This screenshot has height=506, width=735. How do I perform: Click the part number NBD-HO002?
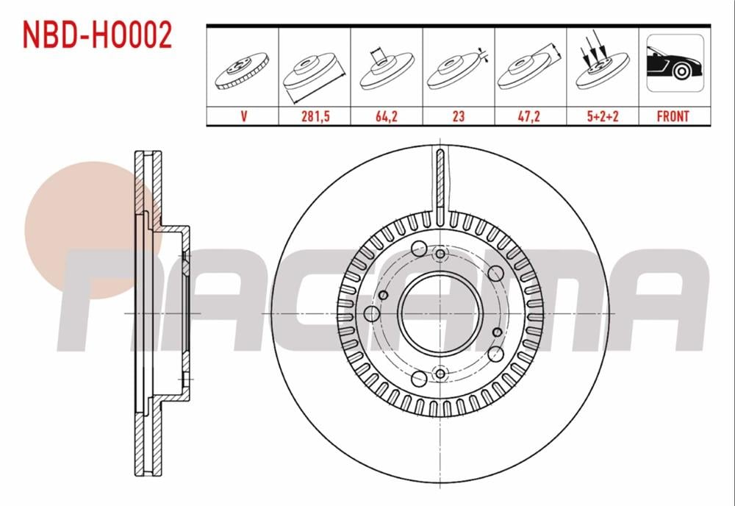click(x=98, y=35)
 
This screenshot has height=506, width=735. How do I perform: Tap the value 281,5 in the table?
click(x=314, y=116)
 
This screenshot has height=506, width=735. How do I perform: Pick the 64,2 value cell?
click(x=386, y=116)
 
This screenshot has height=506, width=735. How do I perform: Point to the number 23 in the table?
click(x=458, y=116)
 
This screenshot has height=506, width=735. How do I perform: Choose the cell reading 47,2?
click(x=530, y=116)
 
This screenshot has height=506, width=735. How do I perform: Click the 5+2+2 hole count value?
click(x=602, y=116)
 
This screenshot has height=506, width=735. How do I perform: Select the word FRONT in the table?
click(x=673, y=116)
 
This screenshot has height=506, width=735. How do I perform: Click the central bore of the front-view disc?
click(x=439, y=313)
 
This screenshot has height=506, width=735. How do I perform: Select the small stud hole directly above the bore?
click(x=440, y=254)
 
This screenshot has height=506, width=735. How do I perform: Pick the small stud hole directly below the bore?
click(x=440, y=374)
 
